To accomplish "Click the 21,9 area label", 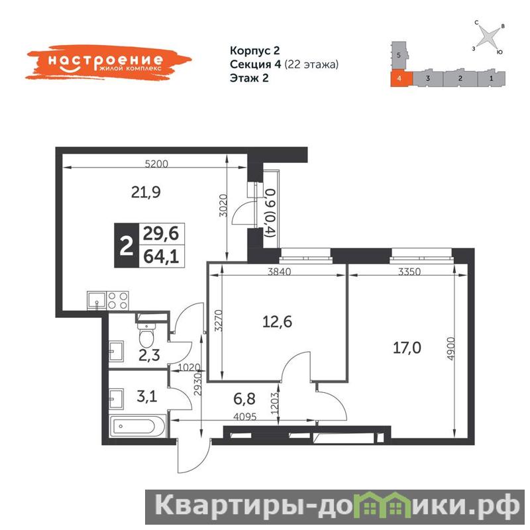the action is (x=146, y=193).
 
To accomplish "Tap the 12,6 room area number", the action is (x=277, y=322).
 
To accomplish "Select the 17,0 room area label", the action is (x=407, y=348).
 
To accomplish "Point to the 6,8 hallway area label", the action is (x=244, y=399).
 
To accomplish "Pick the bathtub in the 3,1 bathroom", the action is (x=138, y=426).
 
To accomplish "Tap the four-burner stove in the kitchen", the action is (x=118, y=300).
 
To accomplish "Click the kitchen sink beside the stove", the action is (x=97, y=300).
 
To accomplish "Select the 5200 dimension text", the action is (x=156, y=164).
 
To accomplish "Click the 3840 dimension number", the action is (x=279, y=272).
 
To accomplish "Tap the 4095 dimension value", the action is (x=244, y=417).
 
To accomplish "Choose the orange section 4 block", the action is (x=401, y=78).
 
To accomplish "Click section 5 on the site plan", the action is (x=399, y=56).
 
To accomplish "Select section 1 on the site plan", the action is (x=491, y=78).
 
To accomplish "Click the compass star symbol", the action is (x=489, y=36).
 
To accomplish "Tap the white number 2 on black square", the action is (x=127, y=245).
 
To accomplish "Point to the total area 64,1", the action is (x=161, y=256).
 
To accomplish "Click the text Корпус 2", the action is (x=255, y=51).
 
